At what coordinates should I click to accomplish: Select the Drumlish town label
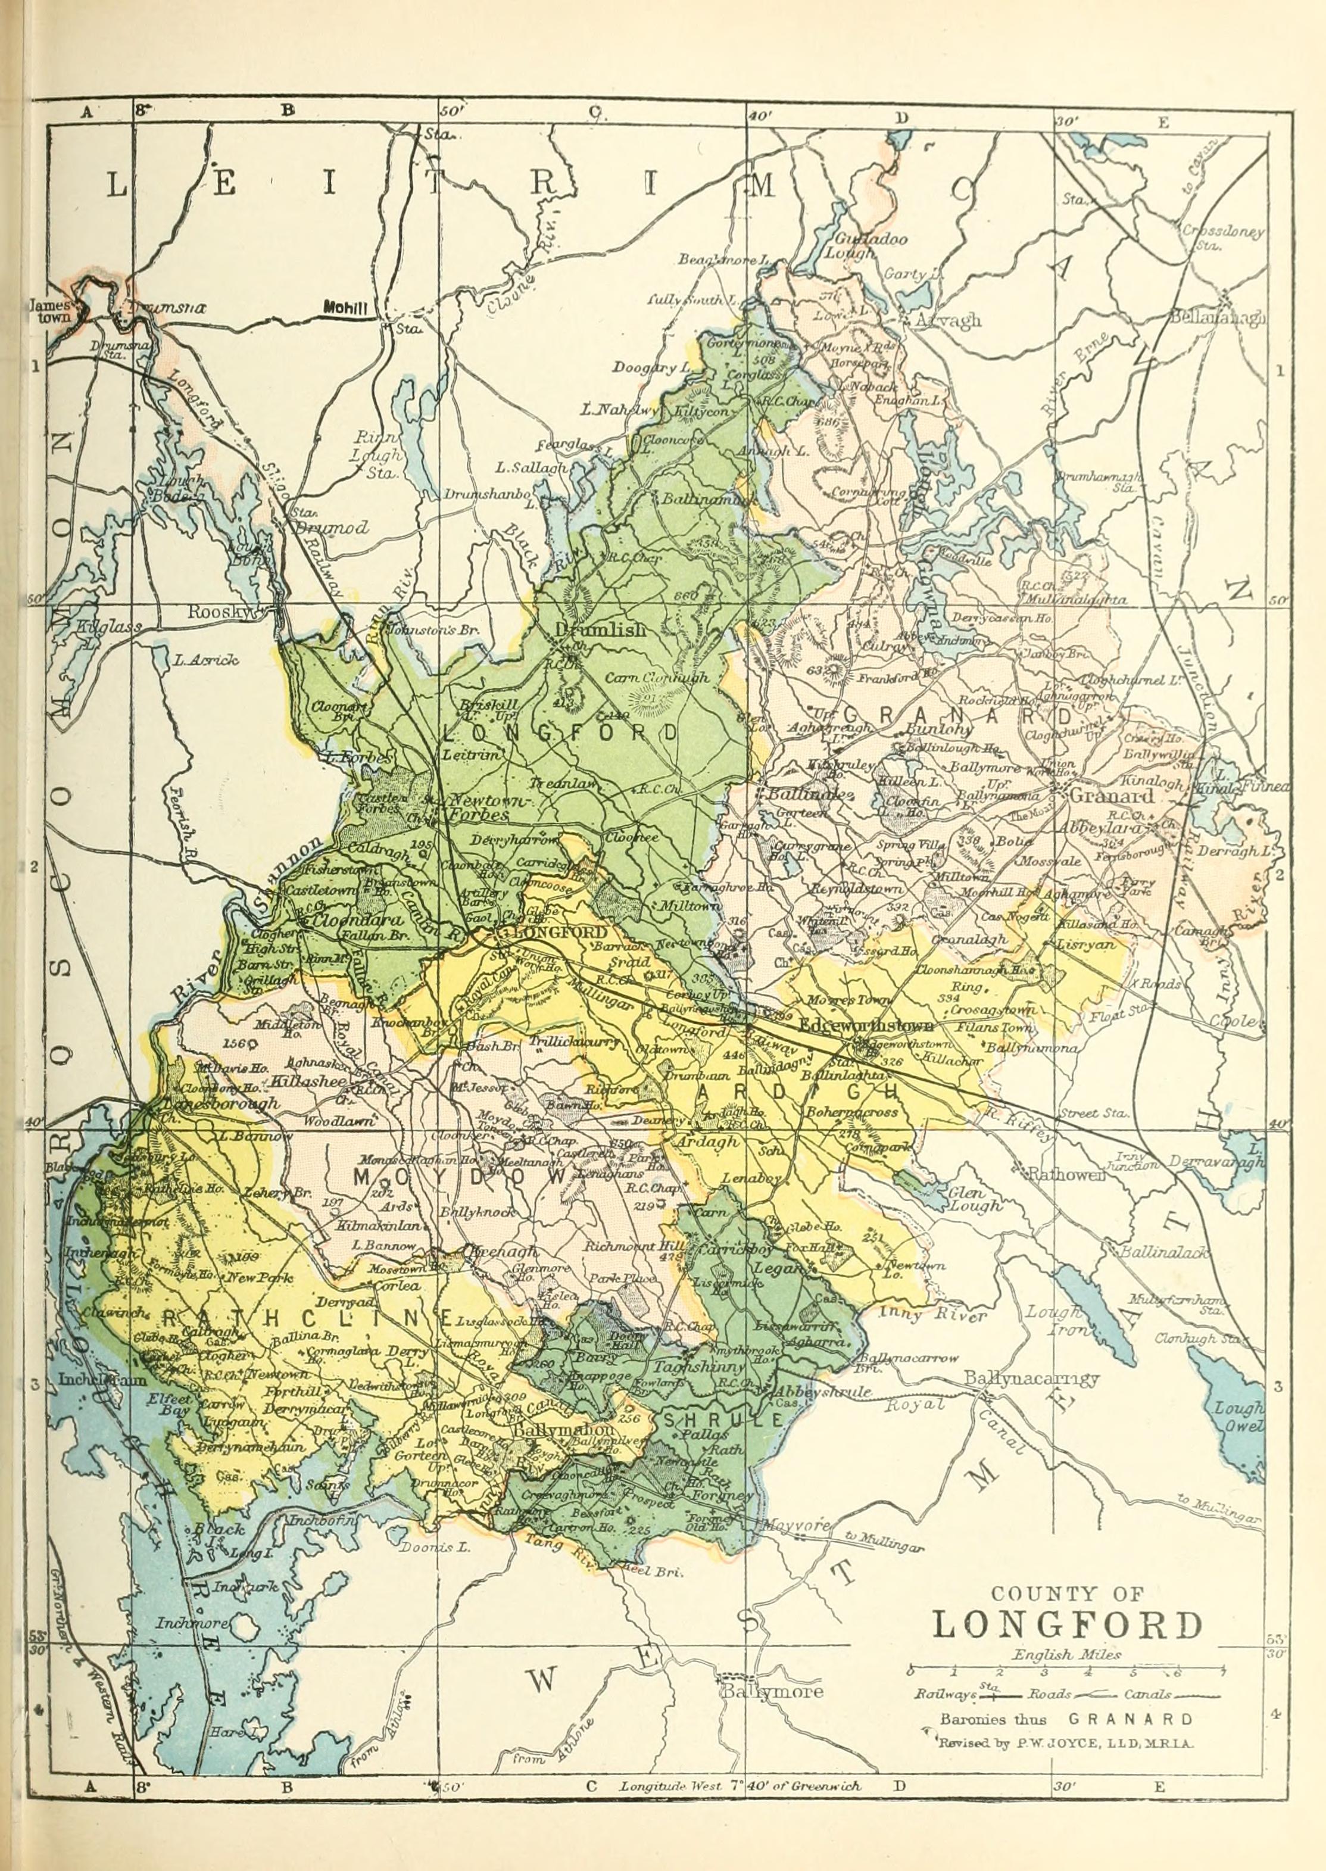click(x=600, y=629)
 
